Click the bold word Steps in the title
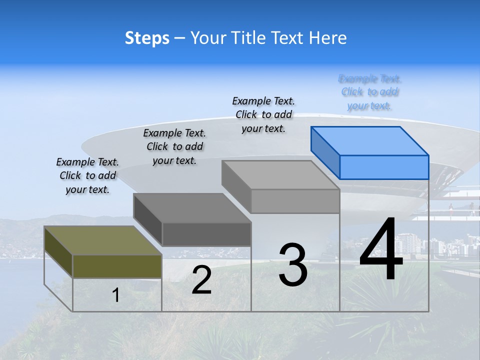147,38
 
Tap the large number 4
381,249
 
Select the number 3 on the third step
293,265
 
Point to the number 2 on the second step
201,280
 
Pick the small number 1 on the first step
116,295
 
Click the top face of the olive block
102,240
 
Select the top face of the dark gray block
192,208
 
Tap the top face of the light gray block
280,175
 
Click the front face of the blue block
384,167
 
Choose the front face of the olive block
117,266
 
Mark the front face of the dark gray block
206,234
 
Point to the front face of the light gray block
295,201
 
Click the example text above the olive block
87,175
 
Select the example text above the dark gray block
174,146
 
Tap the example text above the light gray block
263,114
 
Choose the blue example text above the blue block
370,92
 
